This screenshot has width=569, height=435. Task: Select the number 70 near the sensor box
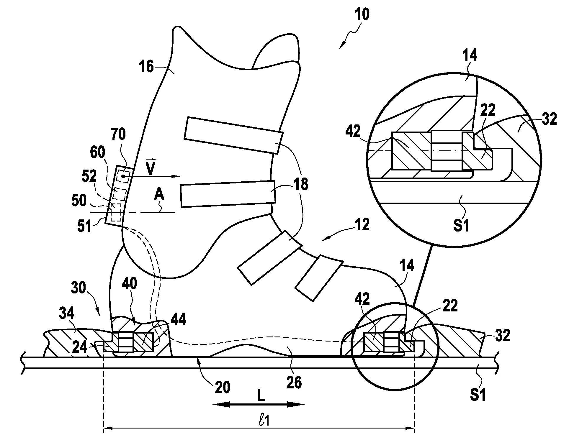118,135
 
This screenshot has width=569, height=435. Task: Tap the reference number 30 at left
78,288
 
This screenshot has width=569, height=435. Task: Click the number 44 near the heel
178,319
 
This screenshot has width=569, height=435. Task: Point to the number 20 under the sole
222,387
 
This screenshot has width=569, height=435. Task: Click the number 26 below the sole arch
294,383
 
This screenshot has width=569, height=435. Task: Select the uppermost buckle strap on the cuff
233,135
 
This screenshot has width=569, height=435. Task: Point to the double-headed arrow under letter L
258,404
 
